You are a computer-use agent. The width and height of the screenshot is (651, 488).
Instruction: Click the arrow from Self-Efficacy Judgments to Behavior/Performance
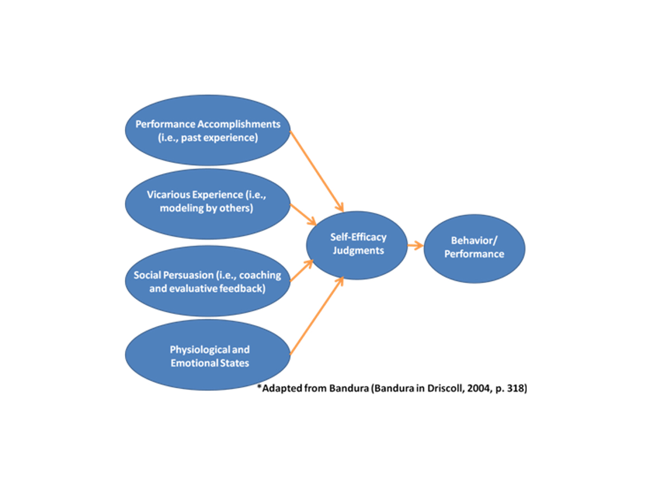[415, 246]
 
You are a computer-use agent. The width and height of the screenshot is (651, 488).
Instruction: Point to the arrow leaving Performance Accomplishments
[317, 171]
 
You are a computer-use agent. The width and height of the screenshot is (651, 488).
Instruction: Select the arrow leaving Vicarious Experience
[304, 214]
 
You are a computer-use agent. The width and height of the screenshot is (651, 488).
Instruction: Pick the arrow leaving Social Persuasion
[302, 271]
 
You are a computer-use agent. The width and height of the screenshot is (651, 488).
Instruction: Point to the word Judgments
[358, 251]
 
